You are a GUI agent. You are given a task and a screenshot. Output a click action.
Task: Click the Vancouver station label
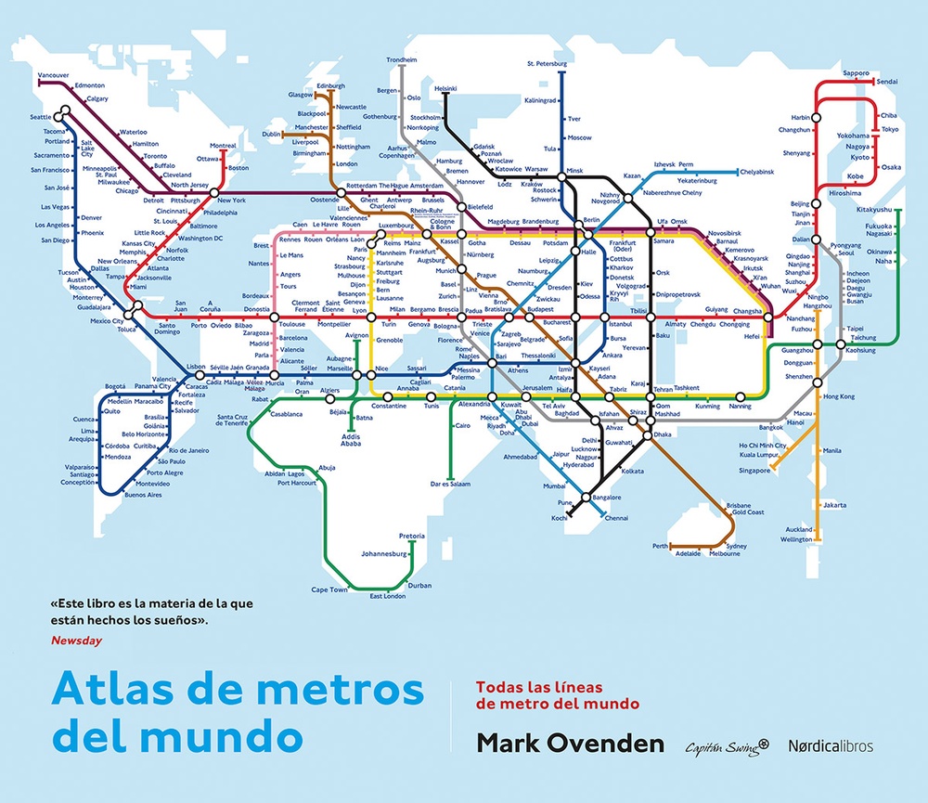[27, 74]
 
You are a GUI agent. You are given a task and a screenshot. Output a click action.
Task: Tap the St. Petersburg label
[547, 64]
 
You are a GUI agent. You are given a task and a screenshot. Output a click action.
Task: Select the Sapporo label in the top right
[856, 71]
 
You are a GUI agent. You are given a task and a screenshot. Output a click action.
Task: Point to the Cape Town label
[329, 589]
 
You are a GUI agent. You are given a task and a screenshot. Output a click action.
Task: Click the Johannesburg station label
[384, 554]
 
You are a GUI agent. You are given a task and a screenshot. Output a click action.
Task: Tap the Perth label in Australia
[660, 546]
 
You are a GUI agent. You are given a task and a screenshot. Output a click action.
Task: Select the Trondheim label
[402, 59]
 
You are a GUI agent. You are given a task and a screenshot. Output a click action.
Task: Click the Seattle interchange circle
[62, 117]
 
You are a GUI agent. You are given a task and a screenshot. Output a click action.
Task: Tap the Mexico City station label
[106, 321]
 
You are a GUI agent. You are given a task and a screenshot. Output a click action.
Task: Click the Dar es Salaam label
[451, 484]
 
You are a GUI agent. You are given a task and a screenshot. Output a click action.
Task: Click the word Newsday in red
[77, 641]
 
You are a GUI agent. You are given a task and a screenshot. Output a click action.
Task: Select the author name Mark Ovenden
[571, 744]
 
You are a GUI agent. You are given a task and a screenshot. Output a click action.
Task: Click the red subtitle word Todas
[496, 688]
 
